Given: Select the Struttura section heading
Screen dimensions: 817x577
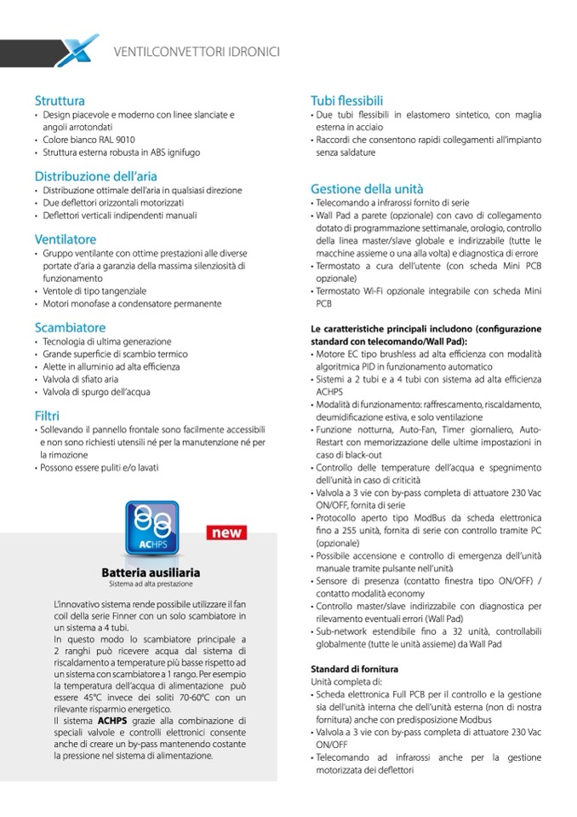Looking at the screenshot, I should point(60,101).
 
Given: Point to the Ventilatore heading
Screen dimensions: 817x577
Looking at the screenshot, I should point(66,239).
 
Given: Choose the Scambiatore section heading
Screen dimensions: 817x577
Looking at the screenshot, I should point(70,326).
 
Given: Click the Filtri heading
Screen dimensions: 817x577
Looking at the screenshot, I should point(47,415).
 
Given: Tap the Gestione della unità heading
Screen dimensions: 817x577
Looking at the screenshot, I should point(367,188).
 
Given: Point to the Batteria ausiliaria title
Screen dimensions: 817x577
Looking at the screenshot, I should point(151,572).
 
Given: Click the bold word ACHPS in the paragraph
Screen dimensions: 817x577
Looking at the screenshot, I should point(111,720).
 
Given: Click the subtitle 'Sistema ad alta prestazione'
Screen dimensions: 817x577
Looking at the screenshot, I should point(151,584).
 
